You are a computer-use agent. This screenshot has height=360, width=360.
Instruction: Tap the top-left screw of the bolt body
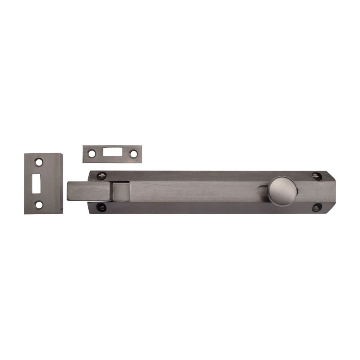tap(102, 176)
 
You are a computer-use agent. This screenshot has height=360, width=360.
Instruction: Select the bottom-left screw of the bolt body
tap(102, 207)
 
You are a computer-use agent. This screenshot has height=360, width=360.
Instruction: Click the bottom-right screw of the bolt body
tap(317, 207)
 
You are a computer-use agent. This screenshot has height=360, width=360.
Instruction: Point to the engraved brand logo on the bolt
tap(196, 193)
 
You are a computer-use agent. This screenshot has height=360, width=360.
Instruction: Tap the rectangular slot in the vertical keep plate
tap(36, 184)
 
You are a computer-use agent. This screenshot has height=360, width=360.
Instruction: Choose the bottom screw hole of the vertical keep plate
tap(39, 205)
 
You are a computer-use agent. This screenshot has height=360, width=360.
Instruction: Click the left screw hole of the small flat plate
tap(92, 154)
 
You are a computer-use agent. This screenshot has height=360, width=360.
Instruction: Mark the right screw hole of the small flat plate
tap(134, 154)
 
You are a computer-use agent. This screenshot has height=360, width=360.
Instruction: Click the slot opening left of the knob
tap(264, 189)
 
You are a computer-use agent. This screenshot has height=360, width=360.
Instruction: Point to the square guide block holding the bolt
tap(121, 192)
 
